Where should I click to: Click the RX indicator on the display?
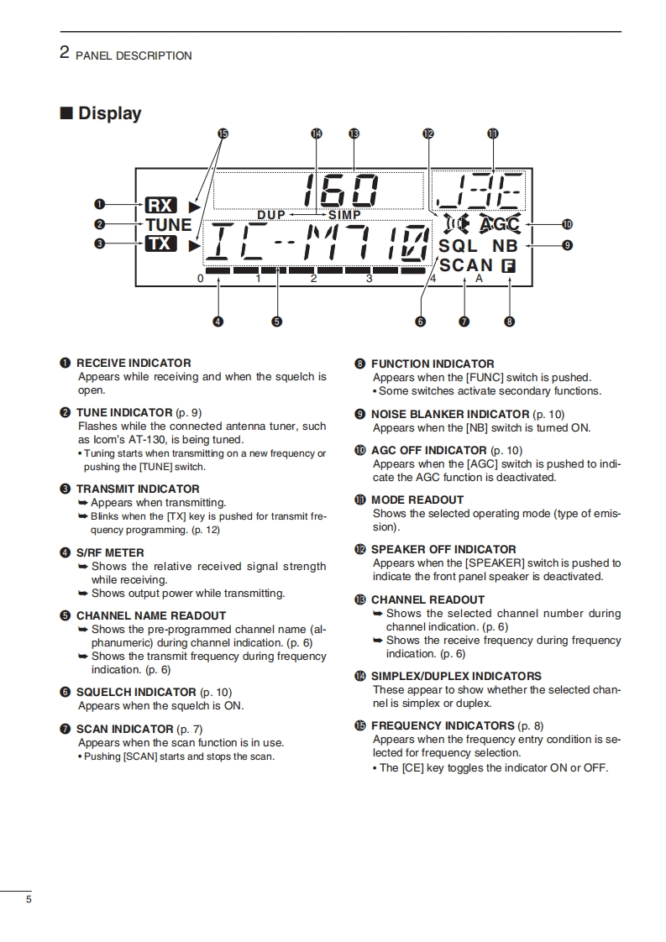[160, 205]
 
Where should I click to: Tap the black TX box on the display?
[160, 243]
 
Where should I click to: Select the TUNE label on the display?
[169, 224]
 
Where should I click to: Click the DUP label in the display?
[271, 215]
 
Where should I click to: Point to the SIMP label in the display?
[344, 215]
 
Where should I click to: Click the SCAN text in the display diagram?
[466, 266]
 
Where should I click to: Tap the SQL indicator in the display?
[458, 246]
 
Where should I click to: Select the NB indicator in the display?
[505, 246]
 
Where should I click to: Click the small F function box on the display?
[508, 266]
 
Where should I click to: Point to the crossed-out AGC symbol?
[501, 224]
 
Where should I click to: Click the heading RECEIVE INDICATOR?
[134, 363]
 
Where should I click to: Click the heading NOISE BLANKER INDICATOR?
[450, 414]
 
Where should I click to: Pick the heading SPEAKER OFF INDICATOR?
[443, 549]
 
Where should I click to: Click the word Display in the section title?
[109, 113]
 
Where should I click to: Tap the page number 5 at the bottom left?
[29, 900]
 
